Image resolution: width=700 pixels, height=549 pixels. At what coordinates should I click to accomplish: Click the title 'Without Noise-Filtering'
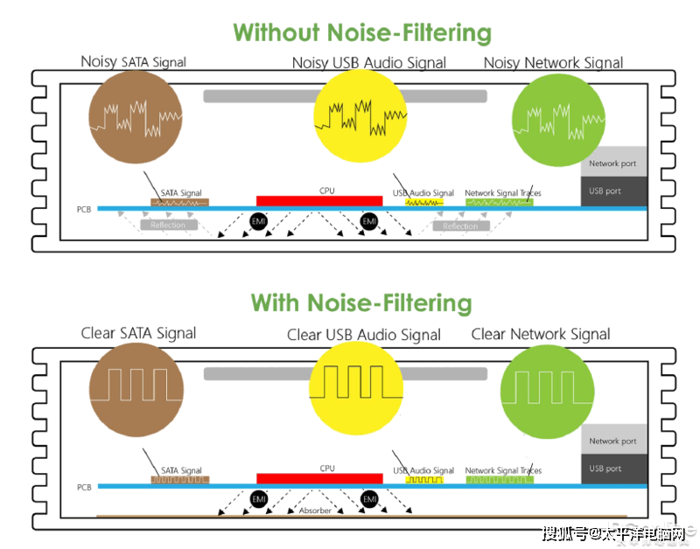[x=361, y=33]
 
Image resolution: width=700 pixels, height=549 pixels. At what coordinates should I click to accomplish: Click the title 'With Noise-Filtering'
[x=361, y=303]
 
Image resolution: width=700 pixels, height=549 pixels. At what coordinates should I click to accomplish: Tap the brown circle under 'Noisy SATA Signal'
[x=136, y=116]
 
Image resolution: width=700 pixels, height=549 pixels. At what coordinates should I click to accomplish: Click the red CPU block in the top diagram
[x=319, y=200]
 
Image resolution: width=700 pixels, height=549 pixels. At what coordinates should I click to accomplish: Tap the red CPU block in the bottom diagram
[x=319, y=478]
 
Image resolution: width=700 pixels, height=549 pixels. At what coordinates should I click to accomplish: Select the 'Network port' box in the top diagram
[x=613, y=163]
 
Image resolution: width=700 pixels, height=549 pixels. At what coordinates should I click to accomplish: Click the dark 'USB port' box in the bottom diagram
[x=613, y=469]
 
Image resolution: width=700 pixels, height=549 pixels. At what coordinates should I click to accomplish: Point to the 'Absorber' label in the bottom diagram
[x=315, y=511]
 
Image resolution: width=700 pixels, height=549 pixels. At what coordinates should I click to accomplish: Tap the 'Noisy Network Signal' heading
[x=553, y=63]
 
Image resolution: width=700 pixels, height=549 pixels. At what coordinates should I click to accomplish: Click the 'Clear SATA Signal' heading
[x=138, y=333]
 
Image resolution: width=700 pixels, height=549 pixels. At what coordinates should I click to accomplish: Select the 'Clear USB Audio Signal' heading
[x=364, y=335]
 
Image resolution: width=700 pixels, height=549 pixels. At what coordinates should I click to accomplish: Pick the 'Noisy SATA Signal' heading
[x=134, y=62]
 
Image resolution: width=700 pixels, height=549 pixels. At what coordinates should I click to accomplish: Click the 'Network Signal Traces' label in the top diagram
[x=502, y=193]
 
